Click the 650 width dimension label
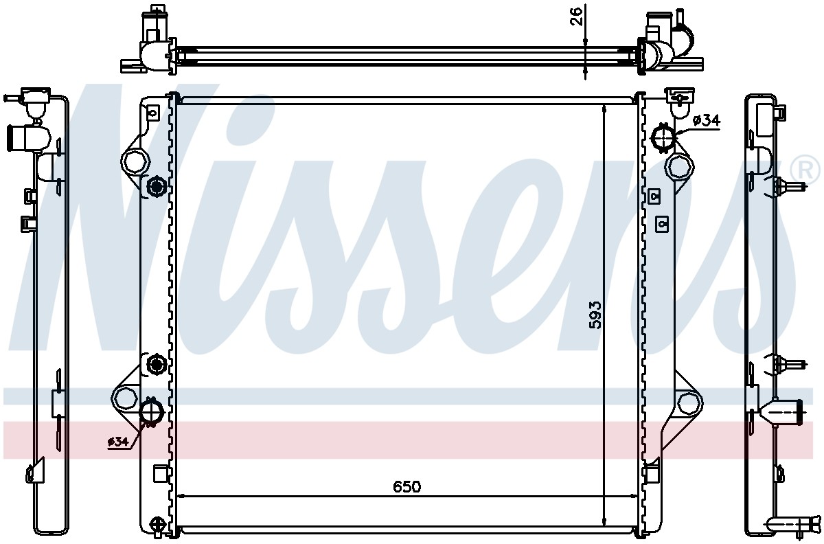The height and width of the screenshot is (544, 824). [x=407, y=487]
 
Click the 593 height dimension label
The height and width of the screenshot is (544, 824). [x=595, y=315]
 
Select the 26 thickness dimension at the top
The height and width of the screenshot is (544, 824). [x=576, y=16]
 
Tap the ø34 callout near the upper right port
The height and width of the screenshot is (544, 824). [x=707, y=120]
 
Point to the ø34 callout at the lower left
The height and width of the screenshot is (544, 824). [x=117, y=441]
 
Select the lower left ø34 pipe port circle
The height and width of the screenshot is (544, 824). [x=152, y=411]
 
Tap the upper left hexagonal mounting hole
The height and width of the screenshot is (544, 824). [x=135, y=162]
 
